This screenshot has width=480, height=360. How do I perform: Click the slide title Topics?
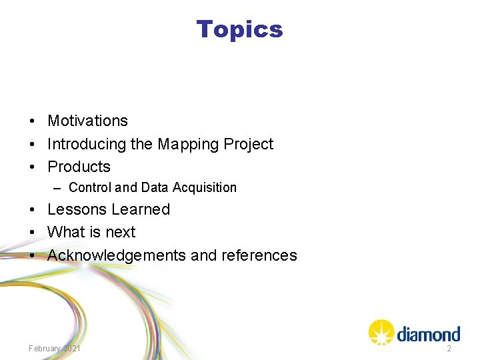(239, 29)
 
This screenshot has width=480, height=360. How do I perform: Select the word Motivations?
(87, 121)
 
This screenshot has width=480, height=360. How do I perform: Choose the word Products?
(79, 167)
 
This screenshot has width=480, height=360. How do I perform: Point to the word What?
(65, 232)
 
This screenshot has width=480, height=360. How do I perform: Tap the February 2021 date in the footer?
(55, 349)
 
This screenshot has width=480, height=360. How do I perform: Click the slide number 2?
(449, 349)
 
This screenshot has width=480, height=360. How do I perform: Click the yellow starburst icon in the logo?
(381, 332)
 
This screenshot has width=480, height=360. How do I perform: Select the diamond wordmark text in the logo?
(428, 333)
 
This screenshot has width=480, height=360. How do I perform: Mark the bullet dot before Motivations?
(32, 121)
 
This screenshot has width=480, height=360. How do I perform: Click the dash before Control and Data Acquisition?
(58, 188)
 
